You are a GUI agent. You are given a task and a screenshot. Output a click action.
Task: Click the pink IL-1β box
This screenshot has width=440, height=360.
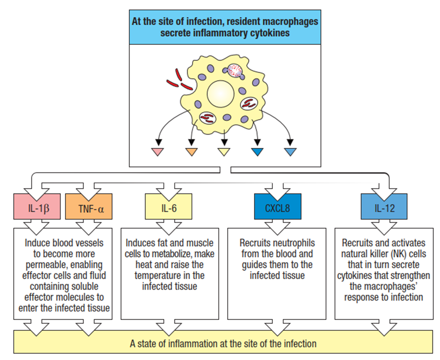[38, 209]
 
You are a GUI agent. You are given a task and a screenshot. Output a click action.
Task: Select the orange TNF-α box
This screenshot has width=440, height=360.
[89, 209]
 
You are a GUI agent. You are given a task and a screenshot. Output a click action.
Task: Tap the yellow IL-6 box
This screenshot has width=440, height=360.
[169, 209]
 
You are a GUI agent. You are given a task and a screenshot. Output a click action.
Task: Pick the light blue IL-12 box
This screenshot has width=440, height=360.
[384, 209]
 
